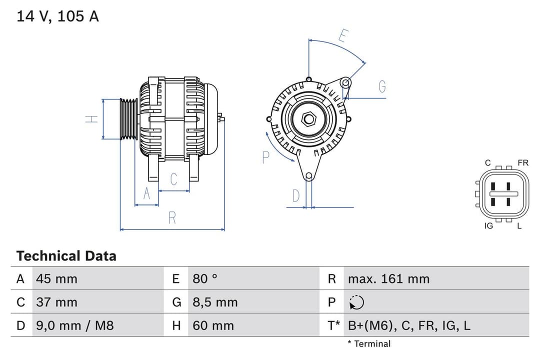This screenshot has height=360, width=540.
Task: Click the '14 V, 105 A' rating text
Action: click(x=57, y=16)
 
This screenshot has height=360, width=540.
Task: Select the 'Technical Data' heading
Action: click(x=66, y=256)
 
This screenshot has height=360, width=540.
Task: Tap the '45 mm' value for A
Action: click(x=56, y=278)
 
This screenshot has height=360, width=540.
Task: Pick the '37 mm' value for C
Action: click(x=56, y=302)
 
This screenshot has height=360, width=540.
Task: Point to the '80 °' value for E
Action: click(x=205, y=278)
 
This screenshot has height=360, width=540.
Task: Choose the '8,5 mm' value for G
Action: click(x=215, y=302)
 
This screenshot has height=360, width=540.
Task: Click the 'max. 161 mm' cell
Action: click(x=388, y=278)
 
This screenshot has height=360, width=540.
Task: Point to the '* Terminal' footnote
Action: click(x=369, y=343)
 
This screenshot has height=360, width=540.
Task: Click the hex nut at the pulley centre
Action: click(x=309, y=119)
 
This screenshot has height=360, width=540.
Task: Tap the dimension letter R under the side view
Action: click(x=172, y=218)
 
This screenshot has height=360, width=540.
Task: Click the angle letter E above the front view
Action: click(x=343, y=36)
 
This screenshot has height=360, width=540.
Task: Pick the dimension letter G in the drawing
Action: click(x=382, y=86)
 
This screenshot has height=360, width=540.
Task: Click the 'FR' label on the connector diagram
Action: click(x=523, y=163)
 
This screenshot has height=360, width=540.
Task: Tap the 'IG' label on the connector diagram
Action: click(x=488, y=226)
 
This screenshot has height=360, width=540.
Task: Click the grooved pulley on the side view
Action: click(x=129, y=119)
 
